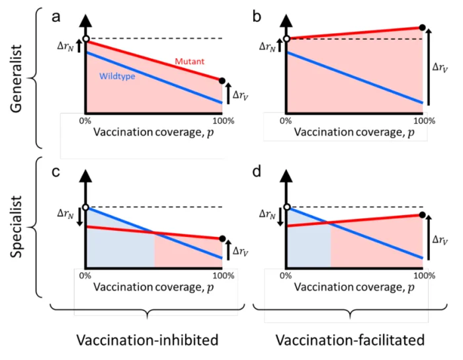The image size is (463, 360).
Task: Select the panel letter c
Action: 58,174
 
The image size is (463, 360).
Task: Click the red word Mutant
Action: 189,62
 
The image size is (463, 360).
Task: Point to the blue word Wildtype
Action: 117,76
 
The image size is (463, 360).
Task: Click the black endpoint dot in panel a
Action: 221,80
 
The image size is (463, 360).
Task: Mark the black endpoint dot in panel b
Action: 422,28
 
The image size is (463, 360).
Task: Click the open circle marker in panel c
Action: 85,206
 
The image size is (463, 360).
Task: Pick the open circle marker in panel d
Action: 286,206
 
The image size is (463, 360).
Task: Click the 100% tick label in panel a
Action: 221,120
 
